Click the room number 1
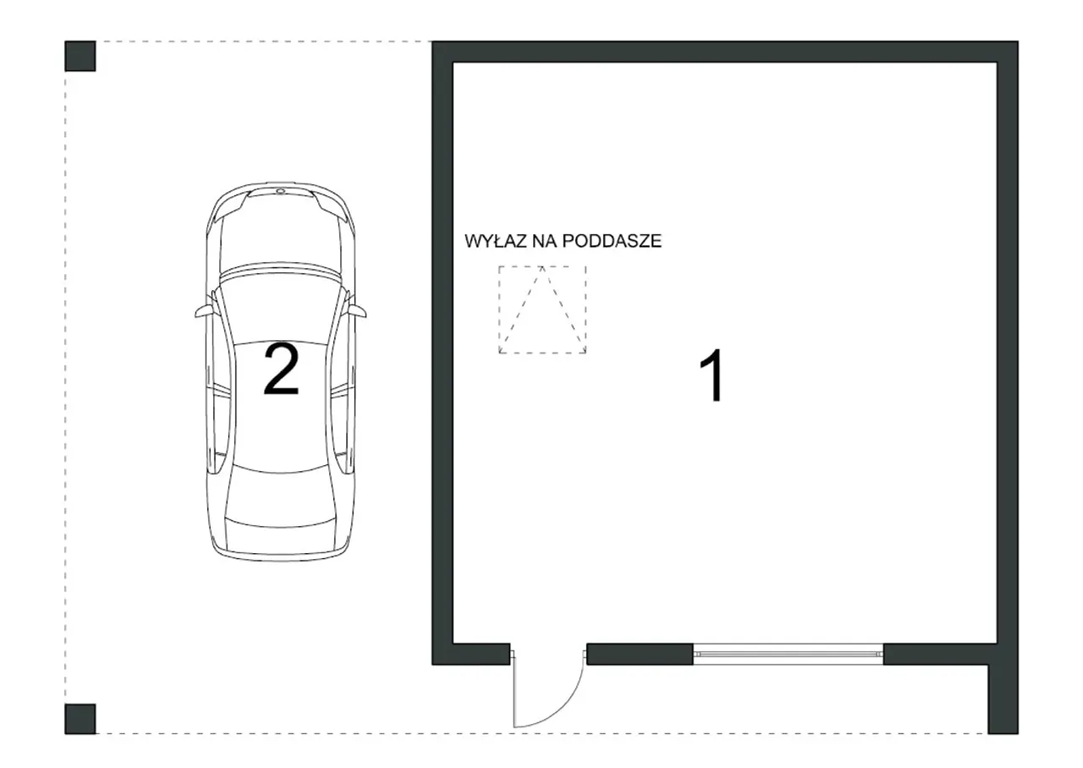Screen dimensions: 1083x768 click(713, 375)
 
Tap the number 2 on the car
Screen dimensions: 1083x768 click(281, 370)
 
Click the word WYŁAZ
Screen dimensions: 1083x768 click(496, 241)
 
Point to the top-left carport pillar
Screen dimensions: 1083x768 click(80, 56)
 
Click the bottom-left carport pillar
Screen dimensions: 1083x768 click(80, 719)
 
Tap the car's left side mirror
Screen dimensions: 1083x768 click(204, 312)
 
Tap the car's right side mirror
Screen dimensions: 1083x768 click(357, 312)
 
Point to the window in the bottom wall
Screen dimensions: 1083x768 click(788, 654)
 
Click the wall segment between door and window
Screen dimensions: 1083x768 click(640, 654)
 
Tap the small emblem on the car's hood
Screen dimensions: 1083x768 click(281, 191)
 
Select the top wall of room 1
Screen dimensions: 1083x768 click(725, 52)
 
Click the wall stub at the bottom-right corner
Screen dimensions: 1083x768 click(1003, 699)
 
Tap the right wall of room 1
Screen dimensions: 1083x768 click(1008, 353)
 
